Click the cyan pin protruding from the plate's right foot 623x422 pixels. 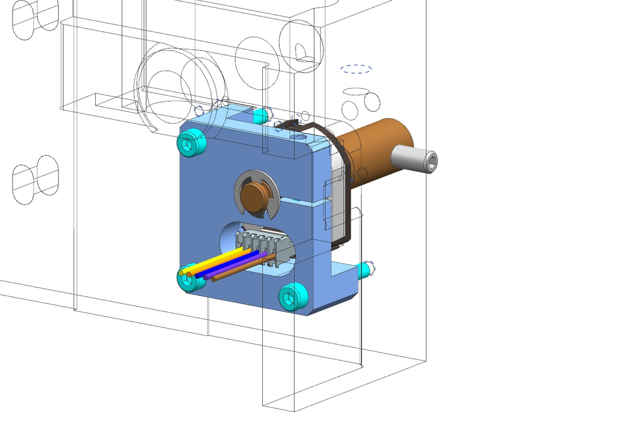pyautogui.click(x=366, y=270)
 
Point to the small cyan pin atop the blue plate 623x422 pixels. pyautogui.click(x=260, y=117)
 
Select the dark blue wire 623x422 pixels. pyautogui.click(x=227, y=266)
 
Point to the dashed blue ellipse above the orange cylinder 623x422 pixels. pyautogui.click(x=356, y=69)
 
